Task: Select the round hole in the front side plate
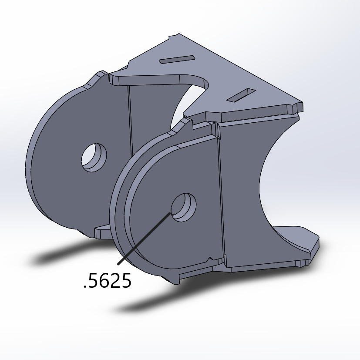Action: [x=183, y=207]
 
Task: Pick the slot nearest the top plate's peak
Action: [x=176, y=59]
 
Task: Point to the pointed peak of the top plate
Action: [x=176, y=34]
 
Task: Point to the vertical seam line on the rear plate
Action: [x=129, y=118]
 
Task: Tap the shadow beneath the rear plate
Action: [x=61, y=257]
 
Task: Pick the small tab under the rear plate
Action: [x=103, y=232]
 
